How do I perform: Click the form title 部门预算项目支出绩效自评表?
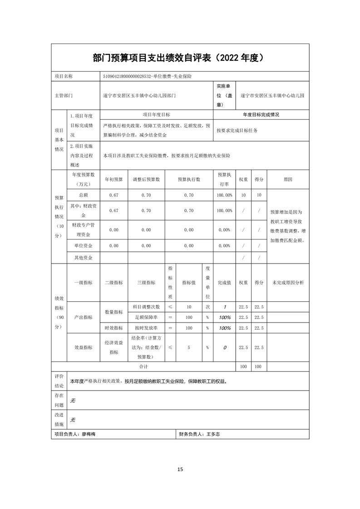[x=152, y=58]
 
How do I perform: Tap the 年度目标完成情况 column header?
[x=261, y=115]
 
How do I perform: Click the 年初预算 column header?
[x=113, y=179]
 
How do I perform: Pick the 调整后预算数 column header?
[x=146, y=179]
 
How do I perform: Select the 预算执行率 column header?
[x=224, y=179]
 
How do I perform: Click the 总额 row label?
[x=84, y=195]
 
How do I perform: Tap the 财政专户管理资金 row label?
[x=84, y=230]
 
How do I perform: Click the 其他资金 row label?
[x=84, y=257]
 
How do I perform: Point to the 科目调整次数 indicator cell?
[x=146, y=306]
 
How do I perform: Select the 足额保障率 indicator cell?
[x=146, y=317]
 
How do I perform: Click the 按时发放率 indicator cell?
[x=146, y=328]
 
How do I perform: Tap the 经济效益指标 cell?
[x=113, y=347]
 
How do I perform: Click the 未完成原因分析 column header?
[x=288, y=282]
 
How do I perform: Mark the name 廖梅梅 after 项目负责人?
[x=89, y=434]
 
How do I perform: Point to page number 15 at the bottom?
[x=180, y=469]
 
